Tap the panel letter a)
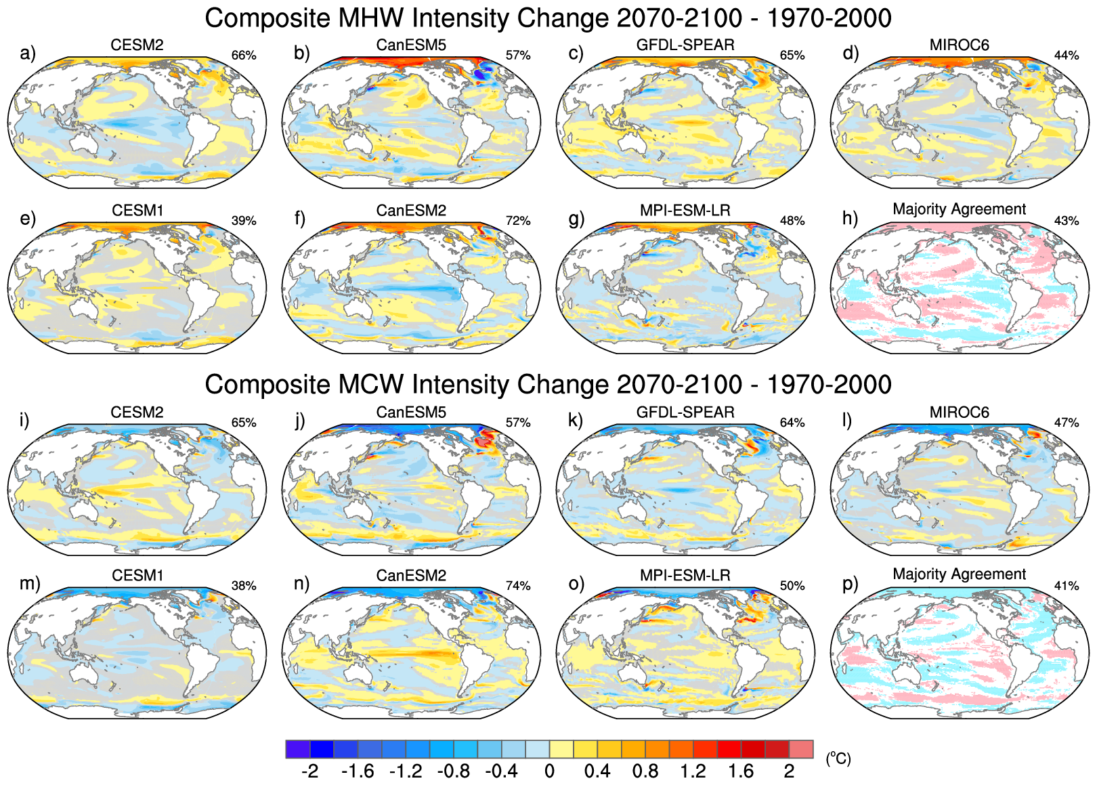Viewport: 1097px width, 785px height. tap(28, 53)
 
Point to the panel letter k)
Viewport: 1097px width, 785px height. tap(576, 421)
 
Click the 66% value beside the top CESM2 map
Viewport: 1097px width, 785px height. tap(244, 56)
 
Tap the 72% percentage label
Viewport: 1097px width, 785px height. tap(518, 221)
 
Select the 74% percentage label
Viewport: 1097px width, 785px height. tap(518, 586)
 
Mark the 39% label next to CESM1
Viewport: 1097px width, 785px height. tap(244, 221)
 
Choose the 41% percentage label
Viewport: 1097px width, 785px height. tap(1067, 586)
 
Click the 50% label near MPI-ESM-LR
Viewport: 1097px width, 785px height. tap(792, 586)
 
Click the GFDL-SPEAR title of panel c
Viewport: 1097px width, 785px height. tap(685, 45)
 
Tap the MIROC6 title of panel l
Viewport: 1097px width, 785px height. tap(959, 412)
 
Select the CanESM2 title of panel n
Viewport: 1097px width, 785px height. tap(411, 576)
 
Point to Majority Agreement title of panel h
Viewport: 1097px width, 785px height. tap(959, 209)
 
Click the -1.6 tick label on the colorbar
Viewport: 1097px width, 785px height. tap(358, 771)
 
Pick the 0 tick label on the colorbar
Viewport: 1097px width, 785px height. tap(549, 771)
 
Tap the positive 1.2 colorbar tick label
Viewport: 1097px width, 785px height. tap(693, 771)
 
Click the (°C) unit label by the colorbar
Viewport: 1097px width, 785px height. tap(838, 759)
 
